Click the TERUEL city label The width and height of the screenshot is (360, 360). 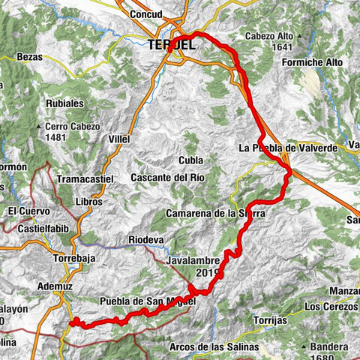tap(171, 46)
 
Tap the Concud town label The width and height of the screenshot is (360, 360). tap(150, 14)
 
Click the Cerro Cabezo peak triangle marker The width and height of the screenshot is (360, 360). tap(37, 127)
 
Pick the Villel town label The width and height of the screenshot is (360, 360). tap(118, 139)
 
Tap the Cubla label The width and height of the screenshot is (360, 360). tap(190, 160)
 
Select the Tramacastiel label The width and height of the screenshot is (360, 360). tap(85, 179)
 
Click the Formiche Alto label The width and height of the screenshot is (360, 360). tap(313, 62)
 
